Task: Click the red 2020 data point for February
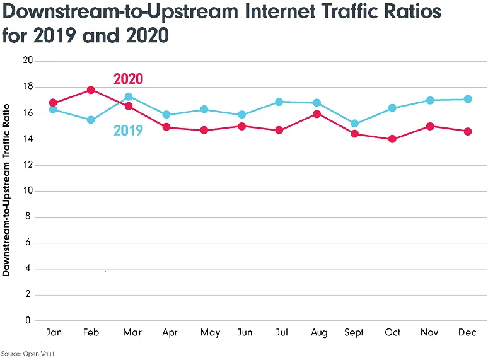tap(91, 90)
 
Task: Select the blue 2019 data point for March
tap(129, 96)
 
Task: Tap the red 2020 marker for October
tap(392, 139)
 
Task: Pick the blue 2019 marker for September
tap(354, 124)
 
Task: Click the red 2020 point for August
tap(317, 114)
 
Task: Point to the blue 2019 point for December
tap(467, 99)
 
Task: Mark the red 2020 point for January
tap(53, 103)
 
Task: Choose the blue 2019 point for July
tap(279, 102)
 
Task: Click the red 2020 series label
tap(128, 79)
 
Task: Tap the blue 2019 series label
tap(128, 131)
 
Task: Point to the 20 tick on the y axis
tap(27, 61)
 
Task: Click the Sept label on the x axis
tap(354, 332)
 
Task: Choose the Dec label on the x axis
tap(467, 332)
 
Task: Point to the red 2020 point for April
tap(166, 127)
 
